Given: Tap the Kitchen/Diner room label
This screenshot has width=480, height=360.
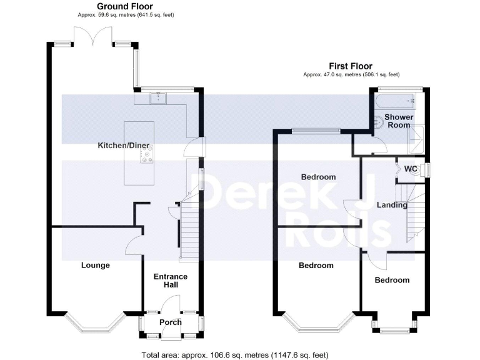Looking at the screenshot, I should click(123, 146).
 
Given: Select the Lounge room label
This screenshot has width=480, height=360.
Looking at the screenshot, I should click(96, 265).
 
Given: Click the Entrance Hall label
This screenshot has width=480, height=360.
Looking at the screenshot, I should click(171, 281).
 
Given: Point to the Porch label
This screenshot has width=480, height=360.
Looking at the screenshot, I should click(170, 322).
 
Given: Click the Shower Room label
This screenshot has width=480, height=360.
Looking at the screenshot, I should click(398, 121).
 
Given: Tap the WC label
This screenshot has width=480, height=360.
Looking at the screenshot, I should click(411, 169).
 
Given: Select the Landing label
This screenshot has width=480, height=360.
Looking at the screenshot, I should click(392, 205).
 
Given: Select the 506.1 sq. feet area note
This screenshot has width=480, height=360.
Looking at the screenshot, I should click(351, 74).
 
